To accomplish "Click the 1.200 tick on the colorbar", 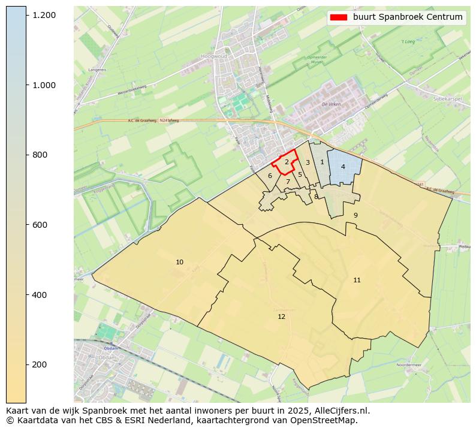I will pos(26,14).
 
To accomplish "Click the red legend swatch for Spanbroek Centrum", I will pos(339,17).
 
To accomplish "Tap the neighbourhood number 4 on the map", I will pos(343,167).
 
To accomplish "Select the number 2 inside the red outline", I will pos(287,162).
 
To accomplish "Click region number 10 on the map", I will pos(179,262).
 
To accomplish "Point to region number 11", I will pos(357,280).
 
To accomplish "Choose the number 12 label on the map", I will pos(281,316).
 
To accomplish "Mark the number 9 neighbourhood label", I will pos(356,215).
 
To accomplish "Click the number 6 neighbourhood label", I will pos(270,176).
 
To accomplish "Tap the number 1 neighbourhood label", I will pos(322,162).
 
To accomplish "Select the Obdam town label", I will pos(110,348).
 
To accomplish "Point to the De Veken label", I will pos(330,104).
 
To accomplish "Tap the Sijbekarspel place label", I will pos(447,98).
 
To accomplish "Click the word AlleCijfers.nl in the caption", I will pos(342,411).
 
